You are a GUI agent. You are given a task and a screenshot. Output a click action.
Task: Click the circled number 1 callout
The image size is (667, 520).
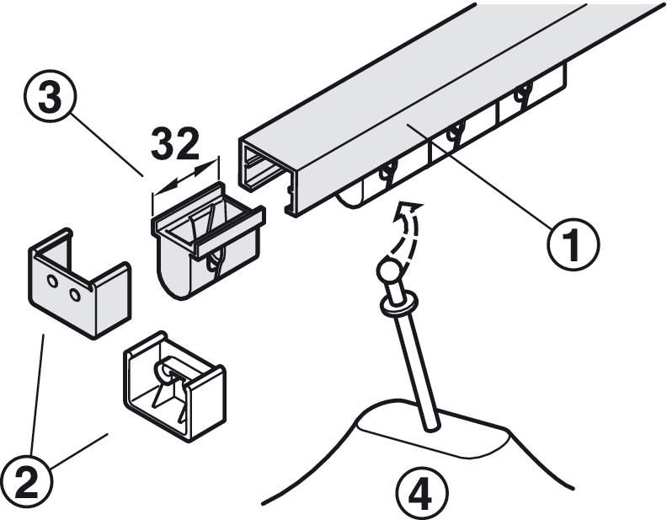coord(573,244)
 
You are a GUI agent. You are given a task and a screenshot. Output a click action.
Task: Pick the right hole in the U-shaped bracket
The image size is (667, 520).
coord(75,294)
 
